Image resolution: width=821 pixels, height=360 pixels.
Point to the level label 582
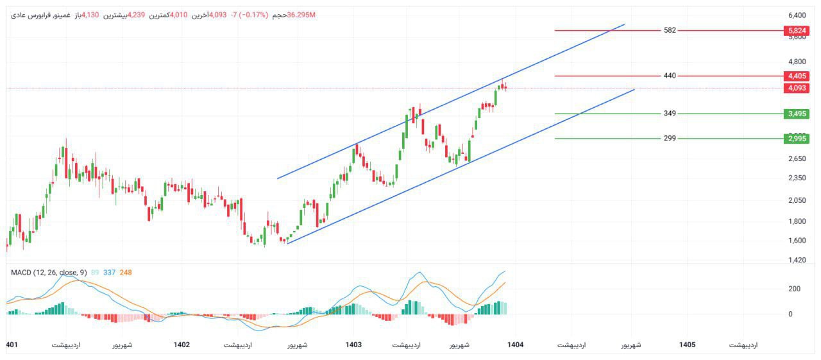(670, 30)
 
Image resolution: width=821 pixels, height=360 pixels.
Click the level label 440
(670, 76)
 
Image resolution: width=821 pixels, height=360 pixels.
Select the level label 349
(670, 114)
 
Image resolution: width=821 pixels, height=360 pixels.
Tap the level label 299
(670, 138)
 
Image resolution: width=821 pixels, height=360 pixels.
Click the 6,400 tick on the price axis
(797, 15)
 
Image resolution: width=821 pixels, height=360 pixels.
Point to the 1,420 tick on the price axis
(797, 260)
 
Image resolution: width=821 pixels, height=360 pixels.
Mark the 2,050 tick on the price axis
(797, 200)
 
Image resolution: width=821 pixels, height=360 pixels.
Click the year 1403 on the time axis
(353, 345)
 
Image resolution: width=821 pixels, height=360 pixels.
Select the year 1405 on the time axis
(687, 345)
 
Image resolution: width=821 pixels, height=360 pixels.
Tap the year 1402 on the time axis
(182, 345)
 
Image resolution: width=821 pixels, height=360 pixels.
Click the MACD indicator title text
(49, 273)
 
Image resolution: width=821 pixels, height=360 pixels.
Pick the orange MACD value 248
(126, 273)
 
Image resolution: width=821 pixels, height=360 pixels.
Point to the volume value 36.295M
(301, 15)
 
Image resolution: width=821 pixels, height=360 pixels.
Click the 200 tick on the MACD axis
(794, 289)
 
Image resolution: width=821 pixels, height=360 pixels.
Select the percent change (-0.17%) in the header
(253, 15)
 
